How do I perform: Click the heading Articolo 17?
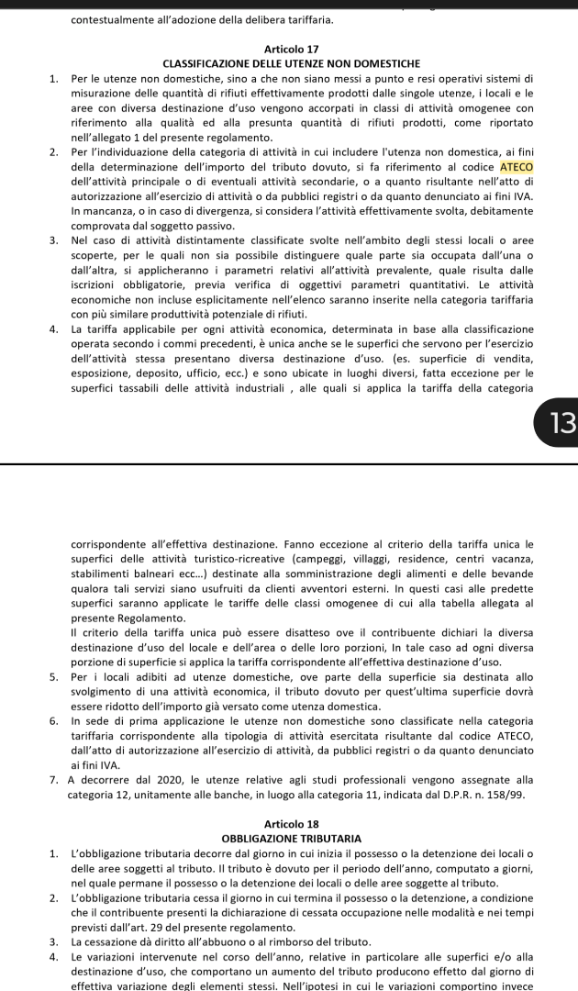[x=290, y=48]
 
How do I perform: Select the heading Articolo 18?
[x=290, y=824]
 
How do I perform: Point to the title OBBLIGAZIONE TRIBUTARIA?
[x=290, y=838]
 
